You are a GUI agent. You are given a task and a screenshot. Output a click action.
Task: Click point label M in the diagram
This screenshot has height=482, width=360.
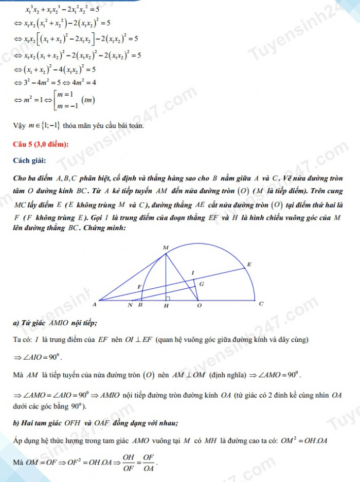tap(166, 248)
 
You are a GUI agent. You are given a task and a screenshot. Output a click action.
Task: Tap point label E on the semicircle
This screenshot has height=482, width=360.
tap(249, 264)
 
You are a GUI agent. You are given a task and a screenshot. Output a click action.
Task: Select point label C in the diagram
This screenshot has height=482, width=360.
tap(261, 304)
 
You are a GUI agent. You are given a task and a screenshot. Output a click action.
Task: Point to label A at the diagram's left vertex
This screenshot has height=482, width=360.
tap(94, 305)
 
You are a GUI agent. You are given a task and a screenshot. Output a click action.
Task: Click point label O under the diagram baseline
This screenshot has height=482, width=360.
tap(201, 306)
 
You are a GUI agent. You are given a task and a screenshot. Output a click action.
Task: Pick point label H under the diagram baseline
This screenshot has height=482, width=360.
tap(166, 306)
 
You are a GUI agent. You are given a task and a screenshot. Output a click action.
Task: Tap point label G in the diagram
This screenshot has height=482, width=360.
tap(201, 284)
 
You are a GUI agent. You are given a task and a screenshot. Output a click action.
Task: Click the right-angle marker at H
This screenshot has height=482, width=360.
tap(168, 298)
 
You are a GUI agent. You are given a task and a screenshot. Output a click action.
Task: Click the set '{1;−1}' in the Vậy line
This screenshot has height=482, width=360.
tap(51, 125)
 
